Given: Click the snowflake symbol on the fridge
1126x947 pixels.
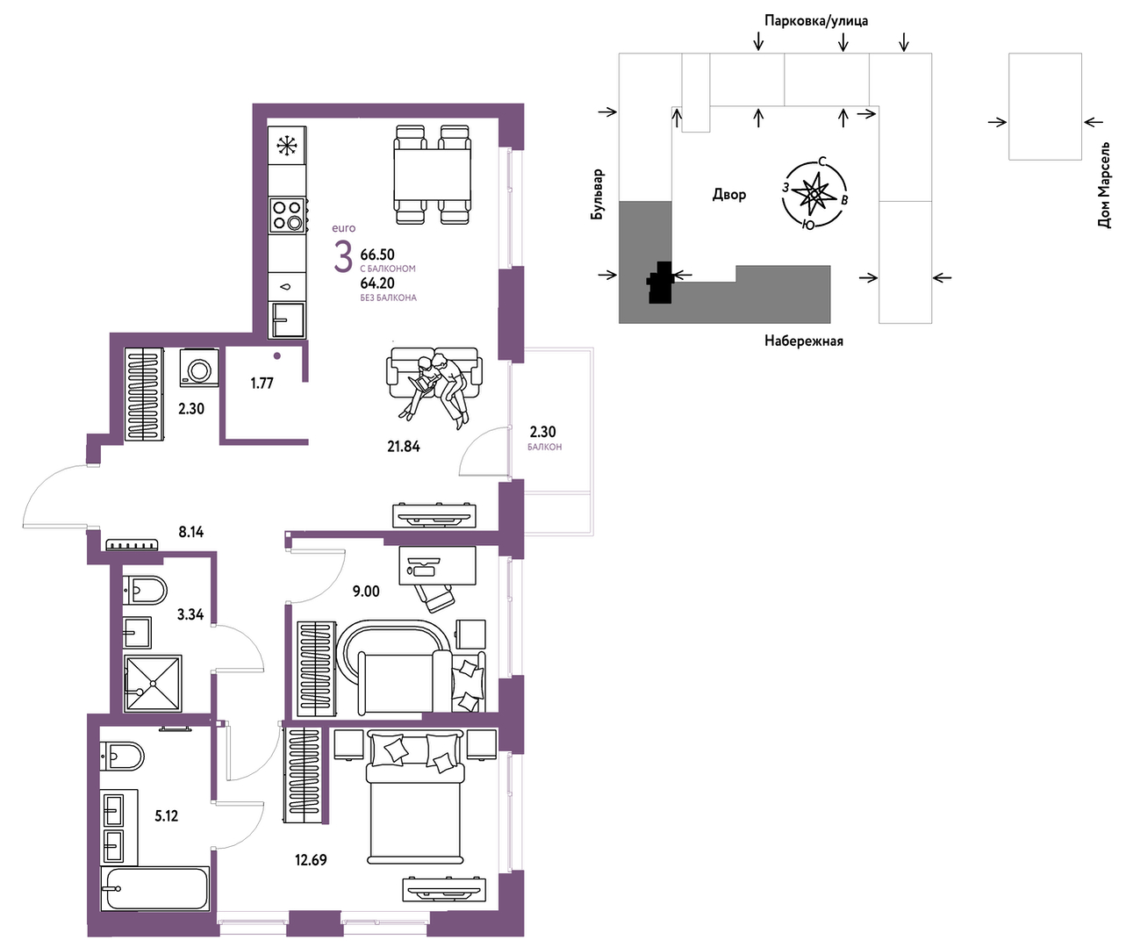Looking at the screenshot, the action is [287, 146].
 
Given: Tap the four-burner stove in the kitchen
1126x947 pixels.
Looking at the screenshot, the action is [288, 215].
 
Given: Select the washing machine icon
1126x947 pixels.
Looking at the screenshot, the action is [199, 368].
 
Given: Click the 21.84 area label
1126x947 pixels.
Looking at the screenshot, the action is [404, 447].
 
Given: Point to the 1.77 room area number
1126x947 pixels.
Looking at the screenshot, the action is [262, 384].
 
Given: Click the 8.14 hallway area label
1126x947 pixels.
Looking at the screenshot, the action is [191, 532].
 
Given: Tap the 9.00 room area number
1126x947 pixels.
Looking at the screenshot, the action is [366, 592].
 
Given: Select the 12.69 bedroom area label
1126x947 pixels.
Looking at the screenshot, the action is [311, 859].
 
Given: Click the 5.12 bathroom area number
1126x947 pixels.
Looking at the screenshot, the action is [166, 816].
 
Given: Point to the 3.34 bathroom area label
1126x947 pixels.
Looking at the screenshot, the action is [190, 614].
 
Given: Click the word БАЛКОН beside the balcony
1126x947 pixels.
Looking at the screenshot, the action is [545, 447].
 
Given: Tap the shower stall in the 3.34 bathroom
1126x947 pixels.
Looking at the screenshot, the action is [153, 684].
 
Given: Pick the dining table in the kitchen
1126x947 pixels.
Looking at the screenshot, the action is [432, 174].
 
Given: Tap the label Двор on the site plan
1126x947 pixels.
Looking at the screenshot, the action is [729, 194].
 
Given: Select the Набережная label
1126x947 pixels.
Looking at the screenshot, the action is [804, 341].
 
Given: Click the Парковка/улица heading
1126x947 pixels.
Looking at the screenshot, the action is [816, 21].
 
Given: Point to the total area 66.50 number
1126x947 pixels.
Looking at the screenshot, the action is [377, 254].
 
